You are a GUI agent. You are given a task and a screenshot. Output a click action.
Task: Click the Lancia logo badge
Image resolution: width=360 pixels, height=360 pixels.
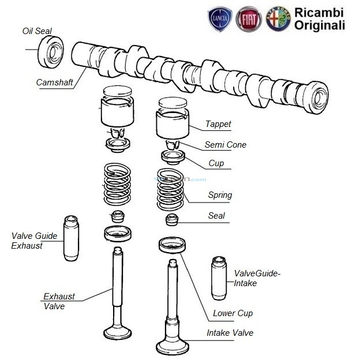coord(220,18)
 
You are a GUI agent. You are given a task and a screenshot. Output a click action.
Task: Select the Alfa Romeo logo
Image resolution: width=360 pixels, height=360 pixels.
coord(278,18)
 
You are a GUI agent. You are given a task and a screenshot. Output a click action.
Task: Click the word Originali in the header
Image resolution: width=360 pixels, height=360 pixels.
coord(320,25)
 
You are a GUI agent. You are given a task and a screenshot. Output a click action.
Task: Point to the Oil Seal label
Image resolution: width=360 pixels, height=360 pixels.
coord(37,31)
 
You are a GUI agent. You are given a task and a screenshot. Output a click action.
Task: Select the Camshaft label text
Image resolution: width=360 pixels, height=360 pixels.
coord(54,82)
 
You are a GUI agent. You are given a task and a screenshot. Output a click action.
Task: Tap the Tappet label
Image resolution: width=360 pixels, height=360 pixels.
coord(218,124)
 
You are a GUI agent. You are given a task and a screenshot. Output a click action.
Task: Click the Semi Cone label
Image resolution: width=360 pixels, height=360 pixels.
coord(225,144)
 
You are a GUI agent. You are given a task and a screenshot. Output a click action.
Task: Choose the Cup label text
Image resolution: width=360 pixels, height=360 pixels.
coord(216,164)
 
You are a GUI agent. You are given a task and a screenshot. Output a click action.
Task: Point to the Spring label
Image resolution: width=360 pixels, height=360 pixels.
coord(220,195)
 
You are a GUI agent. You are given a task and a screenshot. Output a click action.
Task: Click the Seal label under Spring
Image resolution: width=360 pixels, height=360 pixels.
coord(216,216)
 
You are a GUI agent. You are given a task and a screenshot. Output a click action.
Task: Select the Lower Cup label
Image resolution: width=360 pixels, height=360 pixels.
coord(232,313)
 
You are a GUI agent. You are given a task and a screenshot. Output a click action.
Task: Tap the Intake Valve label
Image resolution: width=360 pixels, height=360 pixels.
coord(230,333)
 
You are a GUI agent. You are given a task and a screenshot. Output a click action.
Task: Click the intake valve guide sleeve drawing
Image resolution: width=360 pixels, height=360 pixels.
coord(220,277)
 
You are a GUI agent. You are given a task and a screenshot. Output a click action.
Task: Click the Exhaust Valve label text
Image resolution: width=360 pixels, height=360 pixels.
coord(59,301)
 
